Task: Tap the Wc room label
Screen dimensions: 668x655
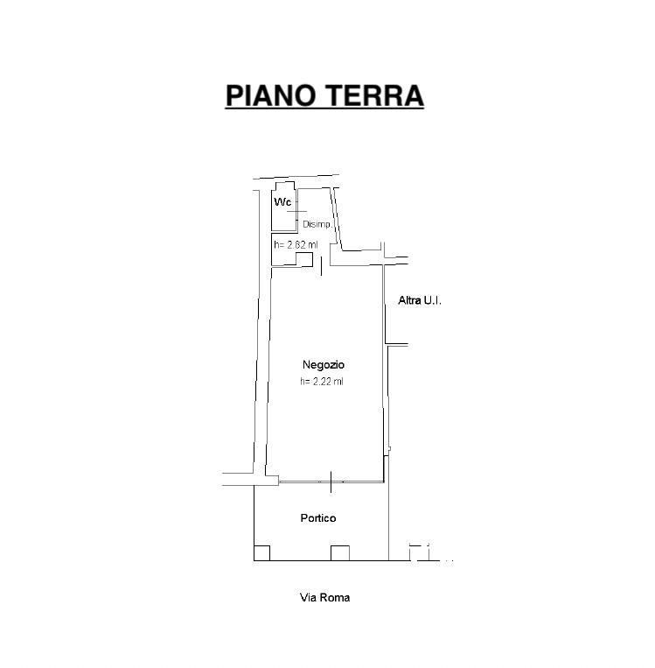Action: pos(282,202)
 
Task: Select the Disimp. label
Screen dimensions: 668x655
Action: pos(317,225)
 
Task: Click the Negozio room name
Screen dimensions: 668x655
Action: pos(324,364)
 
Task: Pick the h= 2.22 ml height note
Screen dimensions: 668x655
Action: pos(322,381)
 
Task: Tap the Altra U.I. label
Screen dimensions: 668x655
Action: pos(420,300)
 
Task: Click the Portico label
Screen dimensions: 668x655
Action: pos(318,518)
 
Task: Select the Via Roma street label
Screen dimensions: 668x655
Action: pos(324,598)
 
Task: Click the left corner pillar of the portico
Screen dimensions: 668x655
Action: pos(261,552)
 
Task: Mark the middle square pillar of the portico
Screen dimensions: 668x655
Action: pos(340,552)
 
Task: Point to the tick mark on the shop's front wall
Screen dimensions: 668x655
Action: pos(331,480)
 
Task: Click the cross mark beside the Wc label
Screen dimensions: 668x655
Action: pos(297,211)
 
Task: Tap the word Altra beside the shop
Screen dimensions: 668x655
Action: pos(410,300)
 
